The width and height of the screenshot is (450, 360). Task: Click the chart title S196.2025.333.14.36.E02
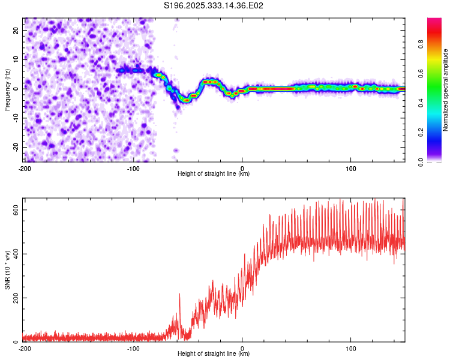214,5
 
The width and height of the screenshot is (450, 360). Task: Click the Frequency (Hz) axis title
7,90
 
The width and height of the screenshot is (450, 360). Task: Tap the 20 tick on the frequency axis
16,29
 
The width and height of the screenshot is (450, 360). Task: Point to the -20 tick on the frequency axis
14,147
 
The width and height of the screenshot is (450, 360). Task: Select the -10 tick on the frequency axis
14,118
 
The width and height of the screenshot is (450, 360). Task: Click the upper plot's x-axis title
214,173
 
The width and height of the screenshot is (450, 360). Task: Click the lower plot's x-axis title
214,353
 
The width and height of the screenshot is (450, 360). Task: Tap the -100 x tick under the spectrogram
133,167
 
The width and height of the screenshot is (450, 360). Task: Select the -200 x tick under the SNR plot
25,348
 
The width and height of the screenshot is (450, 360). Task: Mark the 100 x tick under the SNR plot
351,348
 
